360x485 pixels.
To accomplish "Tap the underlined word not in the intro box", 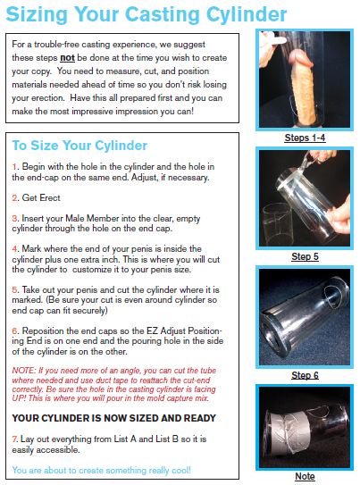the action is click(67, 58).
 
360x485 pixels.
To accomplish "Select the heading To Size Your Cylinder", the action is click(80, 146).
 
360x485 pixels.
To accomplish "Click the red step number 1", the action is click(14, 167).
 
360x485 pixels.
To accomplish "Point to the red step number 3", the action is click(14, 218).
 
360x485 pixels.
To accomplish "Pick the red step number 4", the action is click(15, 249).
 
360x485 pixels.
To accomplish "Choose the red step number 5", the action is click(15, 289).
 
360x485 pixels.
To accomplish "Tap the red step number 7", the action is click(14, 439).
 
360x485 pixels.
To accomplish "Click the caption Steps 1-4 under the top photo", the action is click(305, 138).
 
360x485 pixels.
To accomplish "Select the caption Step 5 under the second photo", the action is click(305, 256).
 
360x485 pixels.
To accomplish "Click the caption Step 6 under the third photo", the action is click(305, 375).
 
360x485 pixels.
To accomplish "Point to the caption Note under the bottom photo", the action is click(305, 476).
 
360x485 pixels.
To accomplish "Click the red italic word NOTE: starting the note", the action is click(24, 371).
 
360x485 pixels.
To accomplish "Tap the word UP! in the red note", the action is click(19, 398).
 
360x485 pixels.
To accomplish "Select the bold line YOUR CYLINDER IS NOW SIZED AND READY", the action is click(113, 418).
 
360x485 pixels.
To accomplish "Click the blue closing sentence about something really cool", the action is click(102, 470).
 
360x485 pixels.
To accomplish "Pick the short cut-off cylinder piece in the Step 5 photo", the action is click(277, 224).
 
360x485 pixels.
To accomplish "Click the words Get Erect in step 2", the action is click(41, 198).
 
